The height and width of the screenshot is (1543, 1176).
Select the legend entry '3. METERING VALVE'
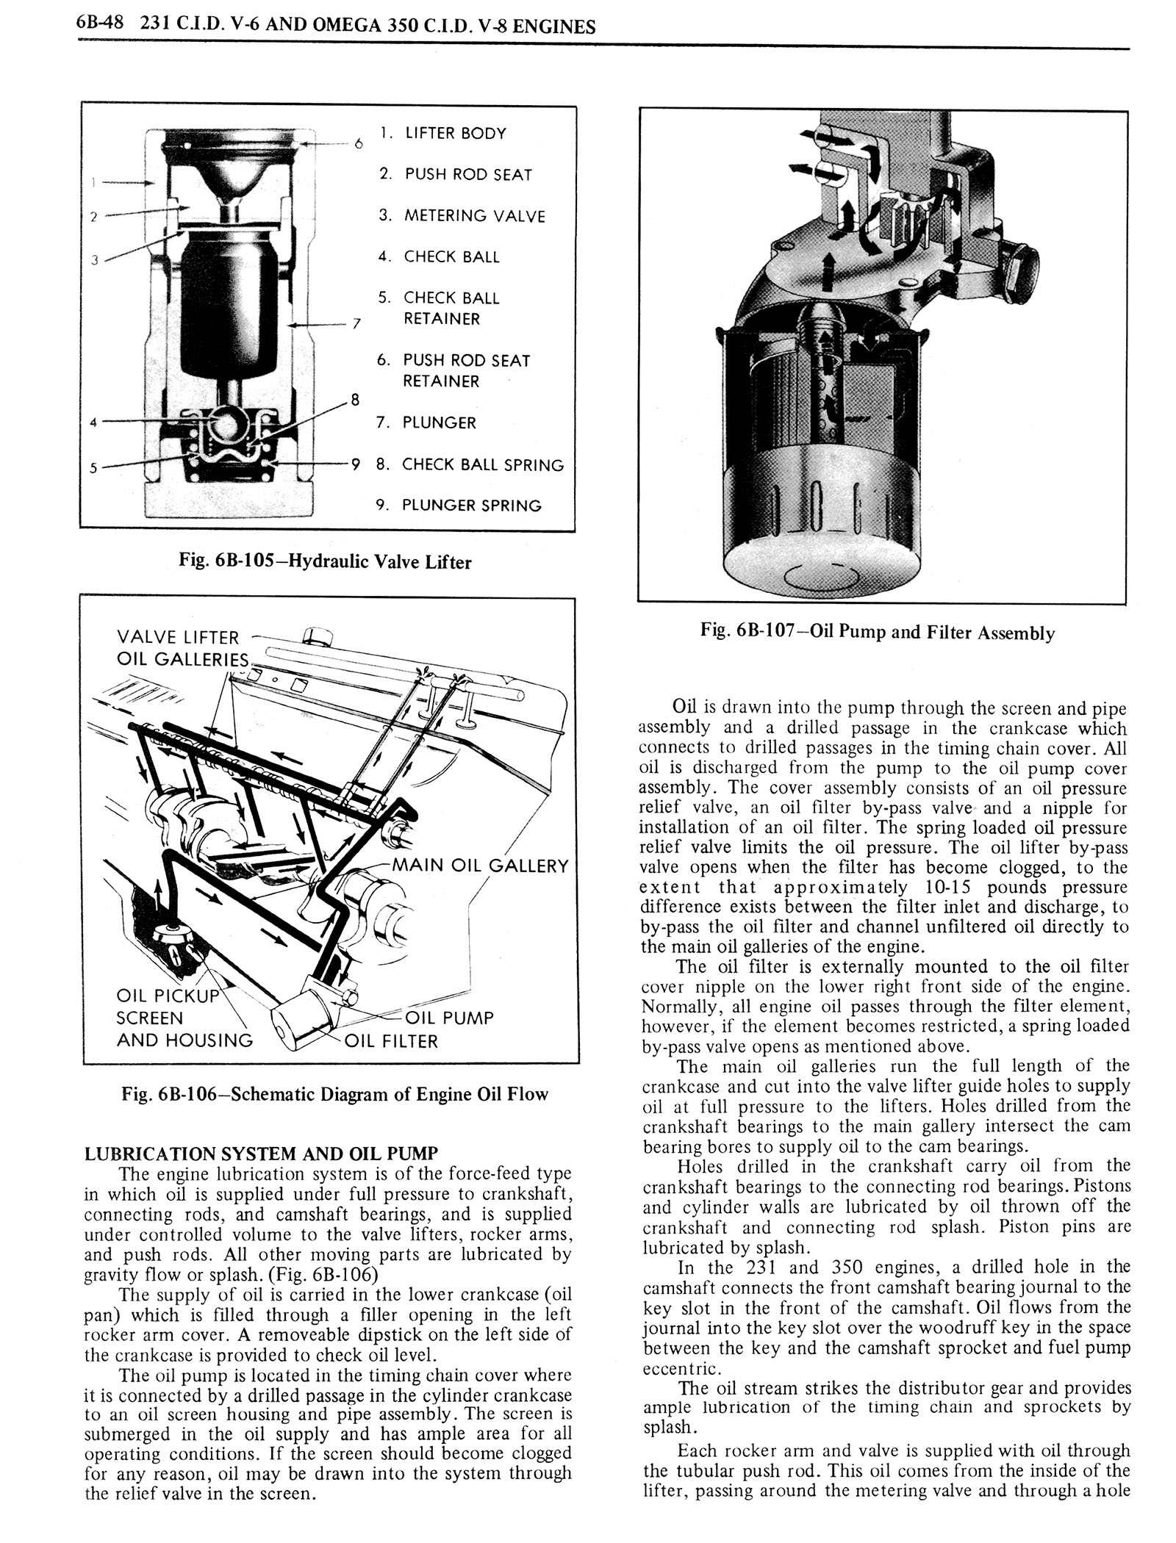point(462,216)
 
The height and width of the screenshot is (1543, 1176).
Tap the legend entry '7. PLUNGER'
point(426,423)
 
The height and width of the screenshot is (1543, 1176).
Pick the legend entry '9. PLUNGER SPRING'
point(459,506)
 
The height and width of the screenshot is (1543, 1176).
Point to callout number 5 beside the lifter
point(93,467)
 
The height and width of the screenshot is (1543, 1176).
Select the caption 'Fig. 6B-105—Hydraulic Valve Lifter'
point(325,562)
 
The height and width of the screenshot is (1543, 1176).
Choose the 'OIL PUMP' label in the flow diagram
point(449,1018)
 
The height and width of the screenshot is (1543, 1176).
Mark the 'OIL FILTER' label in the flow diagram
point(392,1041)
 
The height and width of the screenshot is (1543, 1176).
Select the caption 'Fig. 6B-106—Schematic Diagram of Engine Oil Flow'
point(335,1094)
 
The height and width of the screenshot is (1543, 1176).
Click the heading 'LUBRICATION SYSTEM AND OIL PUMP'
point(262,1154)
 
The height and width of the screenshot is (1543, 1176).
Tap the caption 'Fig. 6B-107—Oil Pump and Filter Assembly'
point(878,633)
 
